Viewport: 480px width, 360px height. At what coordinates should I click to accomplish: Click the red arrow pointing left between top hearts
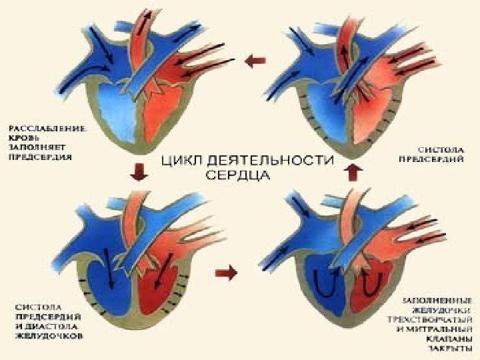tap(254, 62)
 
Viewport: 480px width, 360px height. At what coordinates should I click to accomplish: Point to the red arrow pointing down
tap(139, 172)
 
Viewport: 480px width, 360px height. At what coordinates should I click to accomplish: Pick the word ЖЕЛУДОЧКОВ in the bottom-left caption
tap(51, 337)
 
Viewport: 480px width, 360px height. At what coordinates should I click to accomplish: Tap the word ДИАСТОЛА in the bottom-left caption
tap(59, 327)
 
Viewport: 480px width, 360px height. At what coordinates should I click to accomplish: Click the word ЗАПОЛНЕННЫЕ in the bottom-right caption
tap(439, 299)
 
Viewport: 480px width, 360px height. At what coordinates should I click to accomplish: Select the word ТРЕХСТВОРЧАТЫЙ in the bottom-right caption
tap(439, 319)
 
